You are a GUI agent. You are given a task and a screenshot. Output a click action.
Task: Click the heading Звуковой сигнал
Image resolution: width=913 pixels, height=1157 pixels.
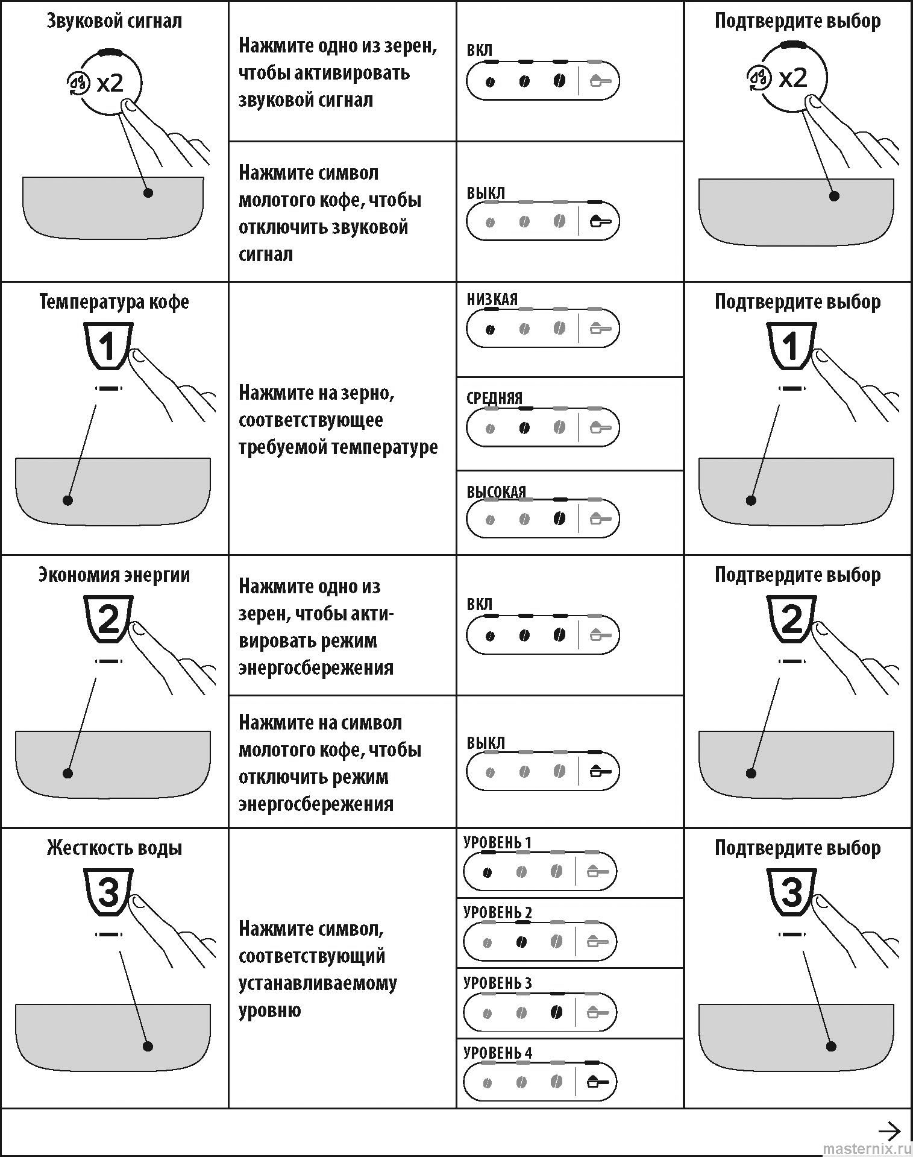tap(114, 22)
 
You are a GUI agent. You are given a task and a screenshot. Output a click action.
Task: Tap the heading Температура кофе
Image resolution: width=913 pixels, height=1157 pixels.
tap(114, 302)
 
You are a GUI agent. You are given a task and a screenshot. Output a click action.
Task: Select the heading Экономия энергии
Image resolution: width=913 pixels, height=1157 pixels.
tap(114, 575)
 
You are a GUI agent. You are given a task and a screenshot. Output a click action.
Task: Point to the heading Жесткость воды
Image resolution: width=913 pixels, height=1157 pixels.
tap(114, 848)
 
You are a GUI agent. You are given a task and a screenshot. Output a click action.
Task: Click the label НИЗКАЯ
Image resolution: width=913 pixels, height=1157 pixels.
tap(492, 300)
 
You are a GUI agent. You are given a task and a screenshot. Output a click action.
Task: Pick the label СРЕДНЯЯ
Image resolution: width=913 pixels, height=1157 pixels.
tap(495, 398)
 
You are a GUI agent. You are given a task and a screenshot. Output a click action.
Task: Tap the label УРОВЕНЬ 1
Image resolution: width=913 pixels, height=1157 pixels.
tap(498, 842)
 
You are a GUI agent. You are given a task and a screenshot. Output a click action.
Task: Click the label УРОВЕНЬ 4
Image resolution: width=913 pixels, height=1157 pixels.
tap(498, 1053)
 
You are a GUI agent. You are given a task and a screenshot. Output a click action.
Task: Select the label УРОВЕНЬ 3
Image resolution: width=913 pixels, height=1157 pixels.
tap(498, 983)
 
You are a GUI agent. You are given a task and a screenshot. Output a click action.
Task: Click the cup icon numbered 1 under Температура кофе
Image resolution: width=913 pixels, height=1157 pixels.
tap(108, 347)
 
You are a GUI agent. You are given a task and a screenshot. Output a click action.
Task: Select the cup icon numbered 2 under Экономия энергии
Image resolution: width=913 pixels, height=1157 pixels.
tap(108, 620)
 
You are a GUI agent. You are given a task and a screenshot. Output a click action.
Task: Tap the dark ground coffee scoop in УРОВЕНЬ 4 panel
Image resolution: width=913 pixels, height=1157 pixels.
tap(597, 1082)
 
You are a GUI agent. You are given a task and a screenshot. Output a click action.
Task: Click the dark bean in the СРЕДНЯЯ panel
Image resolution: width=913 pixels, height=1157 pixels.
tap(524, 428)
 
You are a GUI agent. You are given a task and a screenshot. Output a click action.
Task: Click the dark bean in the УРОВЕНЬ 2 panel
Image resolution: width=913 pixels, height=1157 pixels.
tap(522, 942)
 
